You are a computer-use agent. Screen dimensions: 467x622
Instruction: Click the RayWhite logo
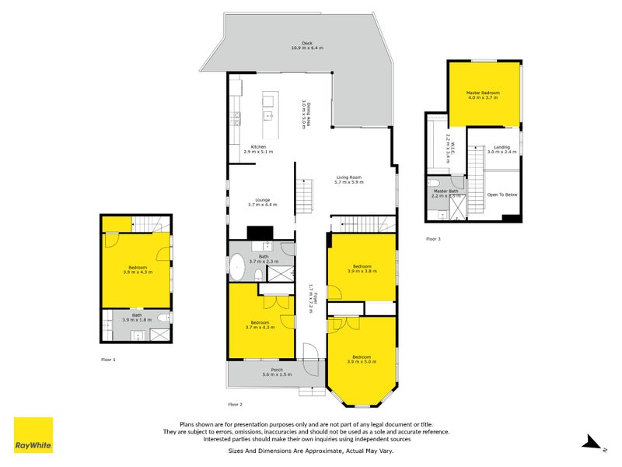(33, 435)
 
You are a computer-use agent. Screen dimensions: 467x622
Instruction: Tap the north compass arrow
(594, 444)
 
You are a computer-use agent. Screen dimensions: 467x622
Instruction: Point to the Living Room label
(349, 180)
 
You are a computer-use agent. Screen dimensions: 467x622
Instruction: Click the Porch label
(277, 372)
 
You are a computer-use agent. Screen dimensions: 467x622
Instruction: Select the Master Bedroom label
(482, 95)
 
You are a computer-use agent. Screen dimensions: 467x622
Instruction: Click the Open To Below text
(502, 195)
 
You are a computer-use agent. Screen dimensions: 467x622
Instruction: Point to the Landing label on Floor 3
(502, 149)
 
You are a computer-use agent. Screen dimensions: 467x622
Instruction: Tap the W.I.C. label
(449, 146)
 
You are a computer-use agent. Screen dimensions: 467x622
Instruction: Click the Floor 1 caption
(108, 360)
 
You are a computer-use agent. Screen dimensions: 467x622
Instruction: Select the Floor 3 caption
(433, 239)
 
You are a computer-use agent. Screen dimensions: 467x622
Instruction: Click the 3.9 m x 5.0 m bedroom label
(362, 360)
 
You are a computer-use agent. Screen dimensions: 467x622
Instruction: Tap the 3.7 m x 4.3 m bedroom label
(260, 325)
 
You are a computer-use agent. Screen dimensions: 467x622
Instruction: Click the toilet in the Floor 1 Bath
(161, 318)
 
